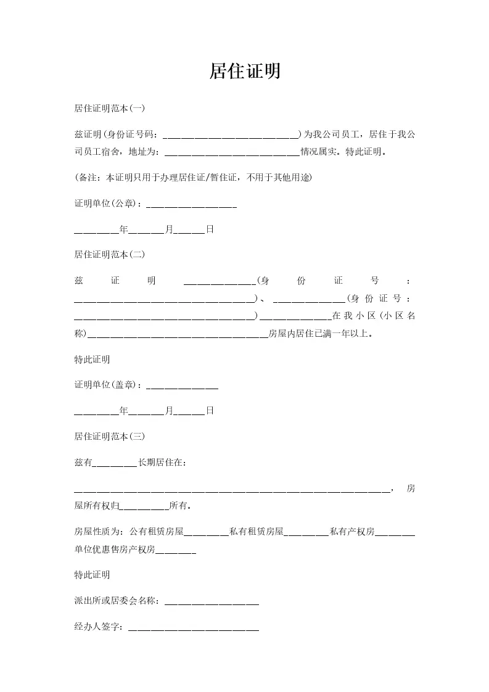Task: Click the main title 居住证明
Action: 245,72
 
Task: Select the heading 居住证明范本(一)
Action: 109,109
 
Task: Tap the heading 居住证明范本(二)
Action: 109,254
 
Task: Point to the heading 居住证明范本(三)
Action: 109,436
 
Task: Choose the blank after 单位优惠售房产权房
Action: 176,549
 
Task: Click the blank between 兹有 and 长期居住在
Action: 115,463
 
